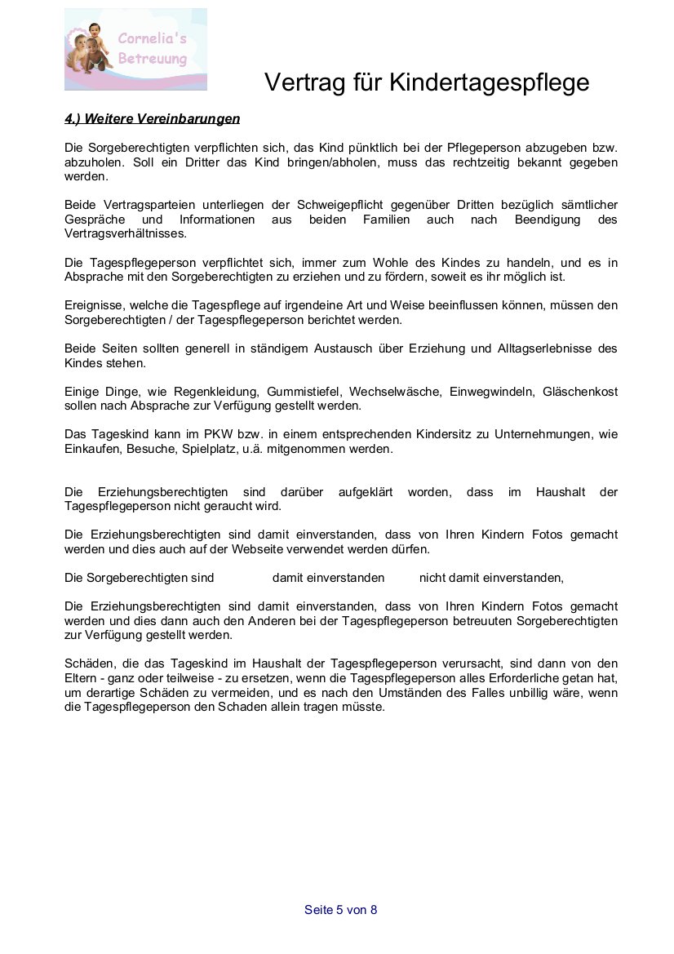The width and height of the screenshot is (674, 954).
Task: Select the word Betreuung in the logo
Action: coord(152,59)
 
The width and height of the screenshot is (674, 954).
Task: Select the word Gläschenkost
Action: coord(580,392)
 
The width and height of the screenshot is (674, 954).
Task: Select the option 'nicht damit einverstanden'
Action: coord(490,578)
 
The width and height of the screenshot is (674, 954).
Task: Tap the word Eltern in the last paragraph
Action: coord(81,679)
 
